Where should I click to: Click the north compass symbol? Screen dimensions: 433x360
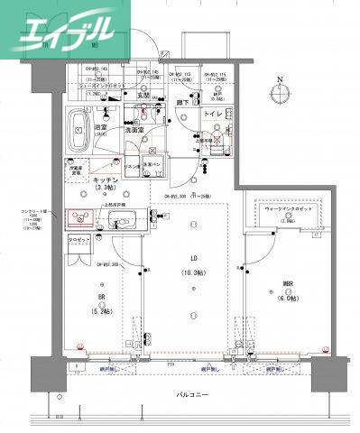(282, 94)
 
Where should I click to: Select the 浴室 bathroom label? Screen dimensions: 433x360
(101, 129)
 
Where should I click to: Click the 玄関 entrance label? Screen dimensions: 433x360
(143, 95)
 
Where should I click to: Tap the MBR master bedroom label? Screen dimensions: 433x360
(288, 285)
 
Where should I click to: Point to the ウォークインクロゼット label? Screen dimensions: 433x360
(289, 208)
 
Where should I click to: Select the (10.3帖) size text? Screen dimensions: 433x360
(191, 272)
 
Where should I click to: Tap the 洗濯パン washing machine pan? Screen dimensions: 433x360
(152, 163)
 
